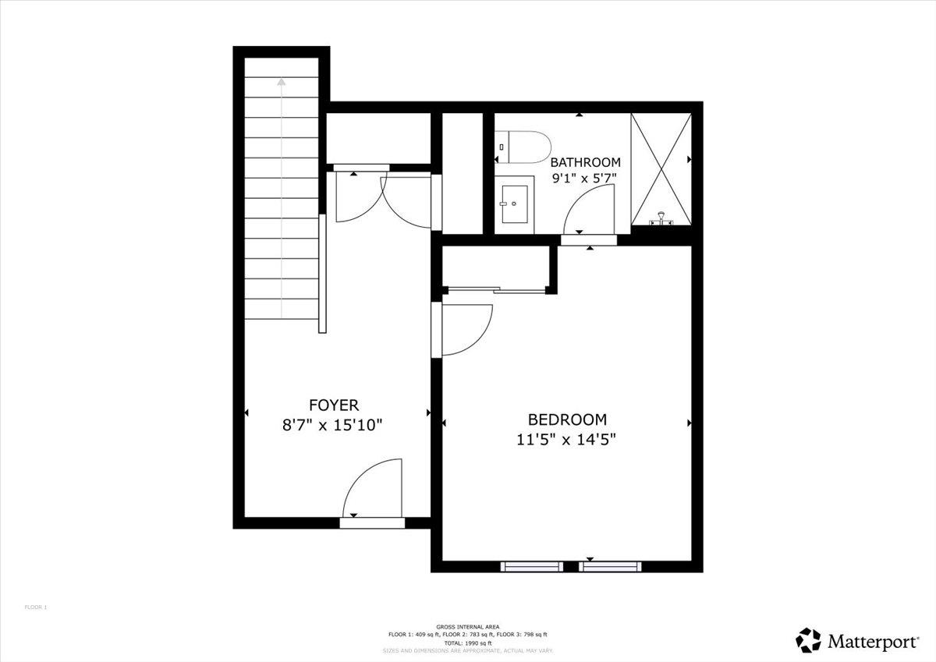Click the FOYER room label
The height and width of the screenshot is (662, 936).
pyautogui.click(x=334, y=405)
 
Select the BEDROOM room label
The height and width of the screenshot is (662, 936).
pyautogui.click(x=567, y=419)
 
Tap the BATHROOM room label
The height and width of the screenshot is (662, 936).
pyautogui.click(x=585, y=162)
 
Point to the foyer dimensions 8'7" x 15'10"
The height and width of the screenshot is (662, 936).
pyautogui.click(x=334, y=425)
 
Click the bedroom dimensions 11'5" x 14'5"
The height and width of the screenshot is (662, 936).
pyautogui.click(x=567, y=439)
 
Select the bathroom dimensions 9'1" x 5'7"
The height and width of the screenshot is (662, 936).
pyautogui.click(x=585, y=178)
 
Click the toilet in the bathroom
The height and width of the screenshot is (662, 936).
pyautogui.click(x=524, y=147)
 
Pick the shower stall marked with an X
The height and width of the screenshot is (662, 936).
pyautogui.click(x=661, y=168)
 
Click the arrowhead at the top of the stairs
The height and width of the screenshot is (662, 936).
pyautogui.click(x=282, y=80)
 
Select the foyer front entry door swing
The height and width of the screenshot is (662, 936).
pyautogui.click(x=371, y=488)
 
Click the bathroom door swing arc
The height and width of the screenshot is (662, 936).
pyautogui.click(x=589, y=211)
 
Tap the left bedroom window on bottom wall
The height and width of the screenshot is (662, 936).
pyautogui.click(x=531, y=566)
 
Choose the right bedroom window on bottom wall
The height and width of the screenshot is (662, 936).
pyautogui.click(x=611, y=566)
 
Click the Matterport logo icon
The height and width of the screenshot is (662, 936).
pyautogui.click(x=809, y=640)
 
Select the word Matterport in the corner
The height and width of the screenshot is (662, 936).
pyautogui.click(x=873, y=642)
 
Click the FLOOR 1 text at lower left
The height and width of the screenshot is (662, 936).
pyautogui.click(x=36, y=607)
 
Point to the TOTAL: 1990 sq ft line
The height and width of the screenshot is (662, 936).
pyautogui.click(x=468, y=643)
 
